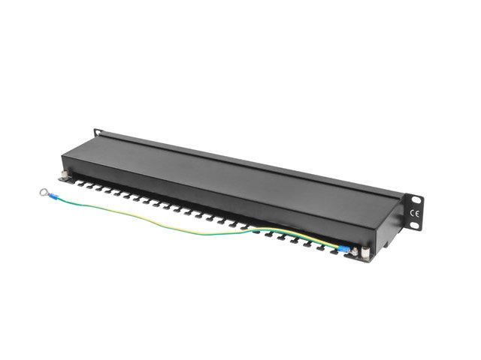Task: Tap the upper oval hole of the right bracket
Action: point(414,200)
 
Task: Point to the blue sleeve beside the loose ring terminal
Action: point(54,198)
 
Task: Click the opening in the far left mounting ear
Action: point(96,133)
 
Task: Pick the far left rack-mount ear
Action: point(96,134)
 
